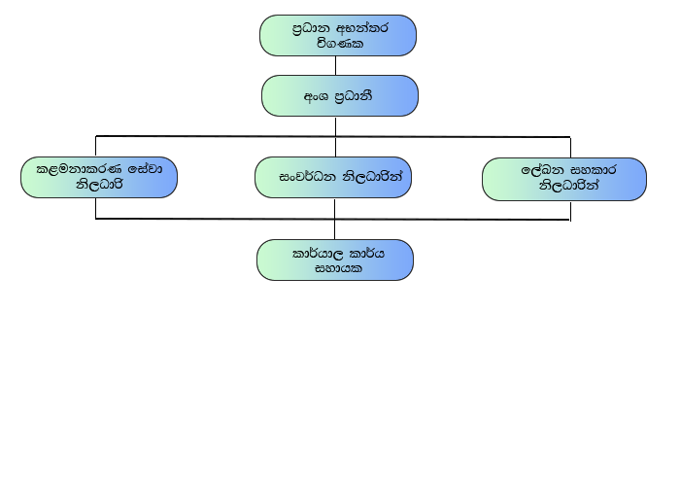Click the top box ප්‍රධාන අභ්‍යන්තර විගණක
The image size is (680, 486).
point(337,37)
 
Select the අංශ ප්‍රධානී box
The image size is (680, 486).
point(339,95)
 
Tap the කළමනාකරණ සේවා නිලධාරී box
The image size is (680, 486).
point(98,177)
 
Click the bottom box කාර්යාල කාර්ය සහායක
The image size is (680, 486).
point(334,260)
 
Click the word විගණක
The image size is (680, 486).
point(339,44)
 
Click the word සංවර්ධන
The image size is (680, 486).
point(301,178)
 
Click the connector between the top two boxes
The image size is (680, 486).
point(336,66)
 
